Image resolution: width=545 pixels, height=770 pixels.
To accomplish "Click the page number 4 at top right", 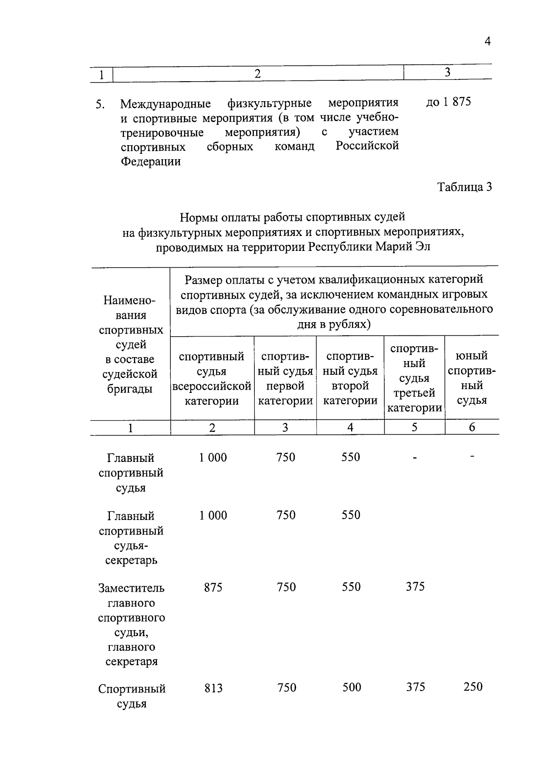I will pyautogui.click(x=487, y=41).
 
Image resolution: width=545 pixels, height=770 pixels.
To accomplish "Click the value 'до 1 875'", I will pyautogui.click(x=448, y=102).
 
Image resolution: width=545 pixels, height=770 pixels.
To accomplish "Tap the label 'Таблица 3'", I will pyautogui.click(x=464, y=187).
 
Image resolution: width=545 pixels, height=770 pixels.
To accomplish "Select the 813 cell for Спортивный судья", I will pyautogui.click(x=213, y=688).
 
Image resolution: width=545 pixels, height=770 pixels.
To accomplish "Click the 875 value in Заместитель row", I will pyautogui.click(x=213, y=588).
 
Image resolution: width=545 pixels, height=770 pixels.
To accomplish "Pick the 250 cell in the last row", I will pyautogui.click(x=473, y=687).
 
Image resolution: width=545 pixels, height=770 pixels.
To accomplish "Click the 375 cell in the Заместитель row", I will pyautogui.click(x=415, y=587).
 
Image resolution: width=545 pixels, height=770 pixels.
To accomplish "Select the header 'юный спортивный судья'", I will pyautogui.click(x=472, y=378).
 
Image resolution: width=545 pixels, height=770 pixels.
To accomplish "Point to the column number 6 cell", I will pyautogui.click(x=472, y=427).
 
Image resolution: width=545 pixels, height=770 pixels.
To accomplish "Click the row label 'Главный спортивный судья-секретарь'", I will pyautogui.click(x=131, y=538).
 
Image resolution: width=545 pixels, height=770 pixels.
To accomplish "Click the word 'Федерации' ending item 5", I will pyautogui.click(x=150, y=162).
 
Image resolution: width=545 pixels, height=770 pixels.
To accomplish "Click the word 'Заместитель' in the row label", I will pyautogui.click(x=131, y=588).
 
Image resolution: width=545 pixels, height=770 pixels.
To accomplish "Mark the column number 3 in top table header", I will pyautogui.click(x=447, y=72).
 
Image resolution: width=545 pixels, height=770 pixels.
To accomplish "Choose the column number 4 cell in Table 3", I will pyautogui.click(x=350, y=427).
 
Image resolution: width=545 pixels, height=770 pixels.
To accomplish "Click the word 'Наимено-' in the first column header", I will pyautogui.click(x=129, y=300).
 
